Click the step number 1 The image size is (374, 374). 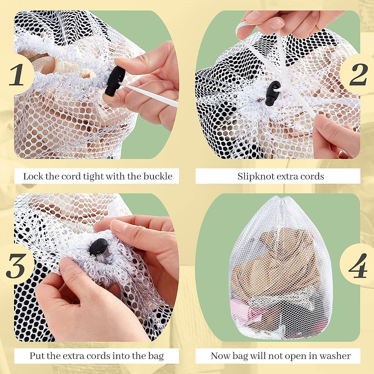pyautogui.click(x=17, y=75)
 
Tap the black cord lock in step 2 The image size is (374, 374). pyautogui.click(x=272, y=93)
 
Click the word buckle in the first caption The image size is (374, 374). pyautogui.click(x=158, y=176)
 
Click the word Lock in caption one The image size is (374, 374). pyautogui.click(x=33, y=176)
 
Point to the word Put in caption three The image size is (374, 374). pyautogui.click(x=37, y=356)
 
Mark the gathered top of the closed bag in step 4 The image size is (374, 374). pyautogui.click(x=282, y=201)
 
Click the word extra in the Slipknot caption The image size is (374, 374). pyautogui.click(x=288, y=176)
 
